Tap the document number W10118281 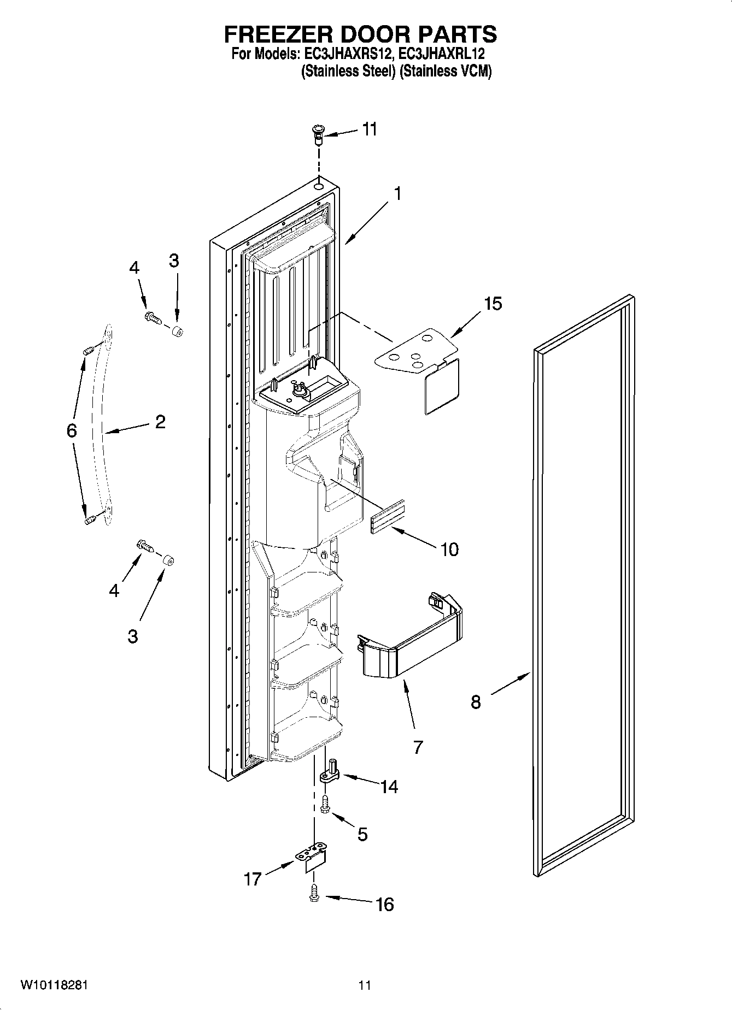pos(54,985)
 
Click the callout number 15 pos(493,304)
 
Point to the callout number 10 pos(449,549)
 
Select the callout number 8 pos(476,702)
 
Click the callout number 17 pos(253,879)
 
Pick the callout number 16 pos(385,905)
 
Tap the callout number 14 pos(389,787)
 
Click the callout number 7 pos(418,747)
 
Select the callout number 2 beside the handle pos(160,422)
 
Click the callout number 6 pos(72,430)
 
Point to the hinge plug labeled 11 pos(318,133)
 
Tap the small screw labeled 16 pos(314,893)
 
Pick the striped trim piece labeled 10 pos(388,517)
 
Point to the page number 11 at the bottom pos(365,985)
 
